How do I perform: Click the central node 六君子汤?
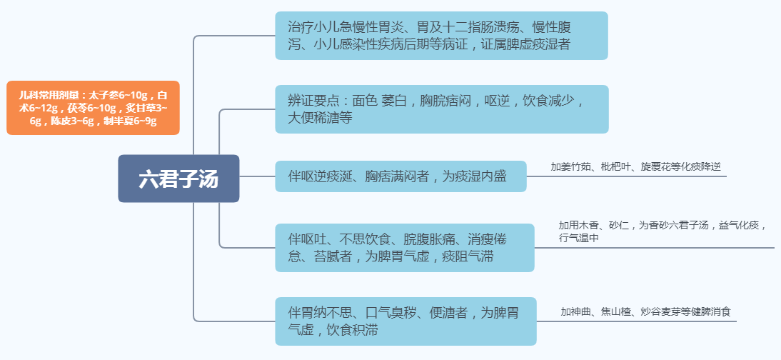point(178,179)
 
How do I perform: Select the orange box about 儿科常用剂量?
point(93,108)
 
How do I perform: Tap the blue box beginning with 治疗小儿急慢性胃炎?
point(441,36)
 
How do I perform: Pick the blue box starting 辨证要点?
point(441,109)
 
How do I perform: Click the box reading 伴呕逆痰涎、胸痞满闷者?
point(400,176)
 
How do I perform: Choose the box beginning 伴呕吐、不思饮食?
point(405,247)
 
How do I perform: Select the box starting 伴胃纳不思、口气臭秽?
point(405,321)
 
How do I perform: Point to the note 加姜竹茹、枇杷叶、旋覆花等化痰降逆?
point(635,166)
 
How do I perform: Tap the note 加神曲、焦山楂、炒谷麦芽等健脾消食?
point(645,311)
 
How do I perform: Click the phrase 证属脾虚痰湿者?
point(528,45)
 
